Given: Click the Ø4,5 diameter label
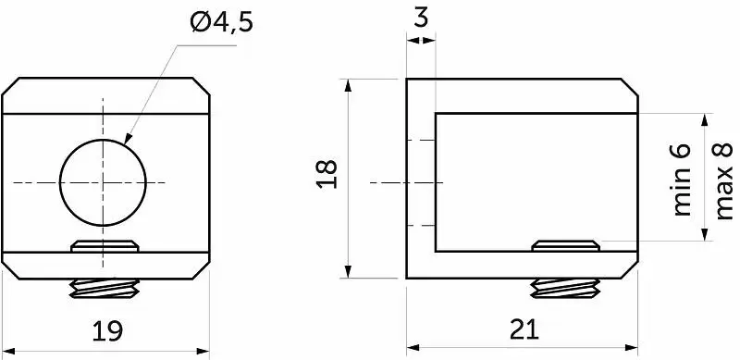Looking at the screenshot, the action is (221, 22).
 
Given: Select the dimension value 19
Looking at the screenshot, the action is (107, 330).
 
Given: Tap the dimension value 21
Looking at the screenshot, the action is (524, 329).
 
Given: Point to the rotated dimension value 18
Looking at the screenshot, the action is (327, 174).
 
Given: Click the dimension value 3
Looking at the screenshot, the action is (421, 19).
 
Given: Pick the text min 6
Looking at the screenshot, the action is (681, 180).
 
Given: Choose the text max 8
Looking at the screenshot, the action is (724, 180).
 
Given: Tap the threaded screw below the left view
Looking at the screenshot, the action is (105, 289).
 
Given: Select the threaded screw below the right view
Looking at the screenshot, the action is (565, 288).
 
